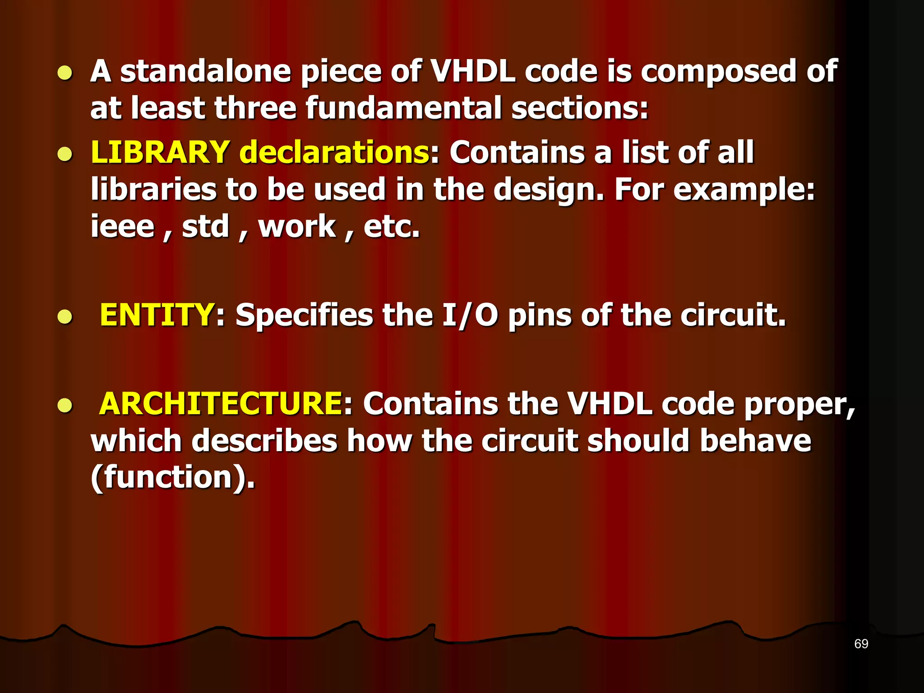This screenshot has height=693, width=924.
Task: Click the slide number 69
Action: (861, 644)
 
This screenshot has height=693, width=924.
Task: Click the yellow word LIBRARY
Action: (160, 152)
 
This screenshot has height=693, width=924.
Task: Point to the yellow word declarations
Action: (334, 152)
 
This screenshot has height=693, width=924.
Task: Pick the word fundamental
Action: (404, 108)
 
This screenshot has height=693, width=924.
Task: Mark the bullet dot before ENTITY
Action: (65, 317)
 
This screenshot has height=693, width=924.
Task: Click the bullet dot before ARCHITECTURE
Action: (65, 406)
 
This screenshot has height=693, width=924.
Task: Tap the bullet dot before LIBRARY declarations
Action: (65, 154)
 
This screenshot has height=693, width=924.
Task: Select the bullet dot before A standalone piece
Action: (65, 74)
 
